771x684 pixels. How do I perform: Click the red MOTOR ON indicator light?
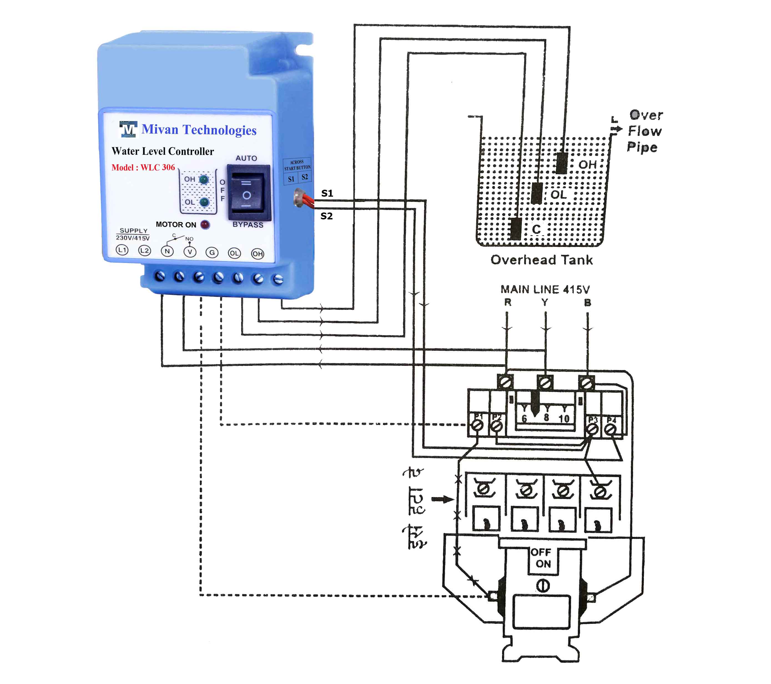click(205, 225)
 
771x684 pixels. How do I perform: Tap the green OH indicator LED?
click(204, 179)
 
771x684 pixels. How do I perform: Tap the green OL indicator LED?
click(204, 202)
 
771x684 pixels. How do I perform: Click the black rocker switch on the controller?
click(248, 193)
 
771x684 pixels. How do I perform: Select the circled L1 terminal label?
click(122, 250)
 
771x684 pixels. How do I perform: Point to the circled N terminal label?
click(167, 251)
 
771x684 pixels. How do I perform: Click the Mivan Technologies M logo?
click(128, 129)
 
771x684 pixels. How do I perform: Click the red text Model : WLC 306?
click(143, 168)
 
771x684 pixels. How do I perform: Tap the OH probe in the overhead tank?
click(562, 163)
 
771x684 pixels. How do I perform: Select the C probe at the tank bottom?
click(516, 229)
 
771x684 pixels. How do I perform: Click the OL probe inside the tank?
click(537, 193)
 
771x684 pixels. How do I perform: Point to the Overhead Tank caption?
click(542, 260)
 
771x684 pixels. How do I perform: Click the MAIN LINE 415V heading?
click(545, 289)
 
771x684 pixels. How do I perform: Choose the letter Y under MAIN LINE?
click(545, 302)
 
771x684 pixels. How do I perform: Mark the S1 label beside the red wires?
click(327, 193)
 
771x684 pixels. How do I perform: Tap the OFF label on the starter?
click(541, 552)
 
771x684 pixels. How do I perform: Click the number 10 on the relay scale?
click(563, 418)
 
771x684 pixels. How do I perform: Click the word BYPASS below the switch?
click(248, 225)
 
